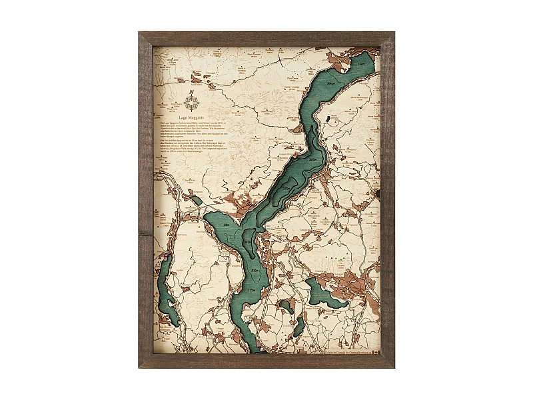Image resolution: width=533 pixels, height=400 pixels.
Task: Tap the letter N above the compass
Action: click(192, 93)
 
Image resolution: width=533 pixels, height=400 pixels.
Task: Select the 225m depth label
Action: click(227, 226)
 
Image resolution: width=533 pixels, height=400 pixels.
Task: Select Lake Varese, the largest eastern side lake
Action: click(322, 295)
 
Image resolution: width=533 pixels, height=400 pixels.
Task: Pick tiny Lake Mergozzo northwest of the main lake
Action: click(195, 199)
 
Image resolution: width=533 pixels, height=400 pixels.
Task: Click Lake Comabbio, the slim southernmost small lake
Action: click(298, 326)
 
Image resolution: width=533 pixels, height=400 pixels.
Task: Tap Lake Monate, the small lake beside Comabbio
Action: click(287, 306)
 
